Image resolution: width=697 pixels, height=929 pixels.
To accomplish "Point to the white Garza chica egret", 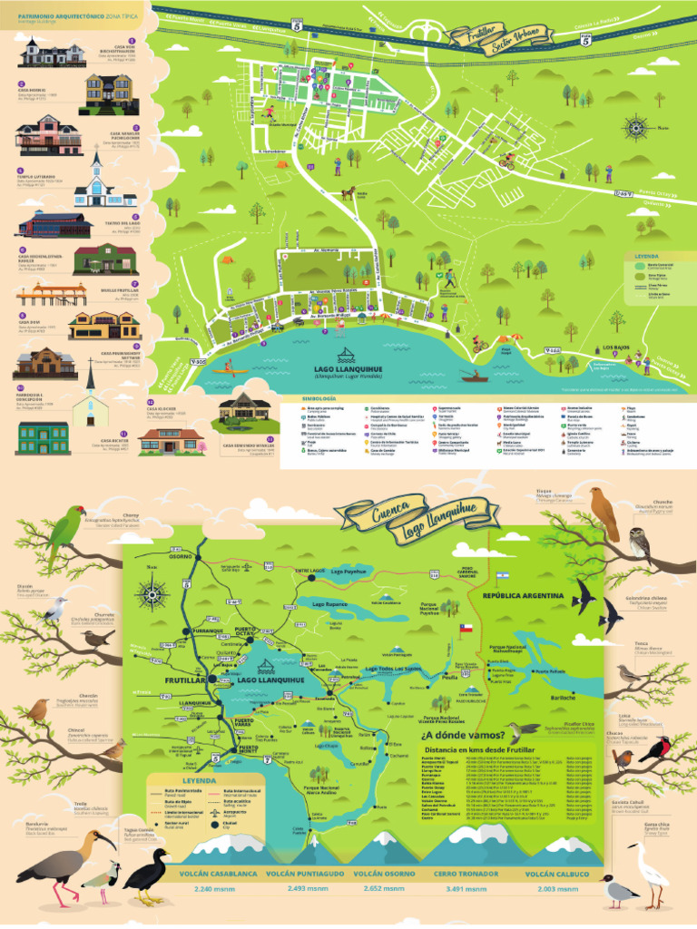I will click(x=650, y=868).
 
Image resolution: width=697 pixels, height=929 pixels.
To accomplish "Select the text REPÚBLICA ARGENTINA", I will click(x=525, y=596).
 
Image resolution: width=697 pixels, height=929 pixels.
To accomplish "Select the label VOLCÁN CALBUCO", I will click(x=557, y=875).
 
